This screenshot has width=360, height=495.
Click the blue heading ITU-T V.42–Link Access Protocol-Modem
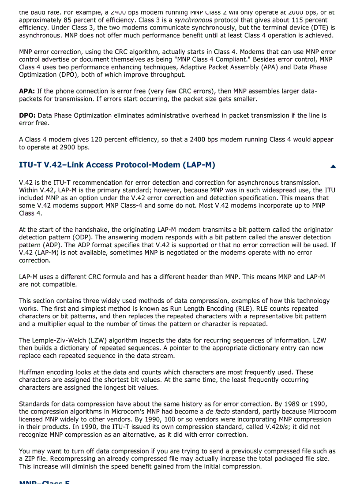117,165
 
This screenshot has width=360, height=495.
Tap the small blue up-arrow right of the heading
333,166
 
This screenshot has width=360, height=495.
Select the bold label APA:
27,91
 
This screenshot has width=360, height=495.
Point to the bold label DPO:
27,115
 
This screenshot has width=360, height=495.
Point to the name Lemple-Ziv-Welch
60,340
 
